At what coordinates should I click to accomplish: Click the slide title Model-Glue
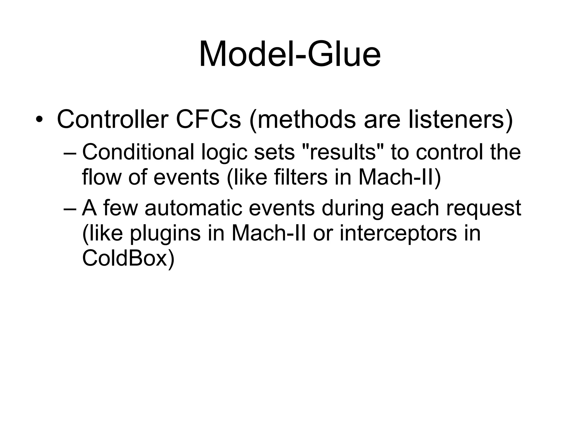click(290, 54)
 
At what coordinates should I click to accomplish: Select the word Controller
click(113, 120)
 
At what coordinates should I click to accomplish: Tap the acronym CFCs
click(208, 120)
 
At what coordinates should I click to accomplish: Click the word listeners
click(460, 120)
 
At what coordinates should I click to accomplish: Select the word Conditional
click(138, 152)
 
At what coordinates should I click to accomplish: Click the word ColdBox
click(128, 258)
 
